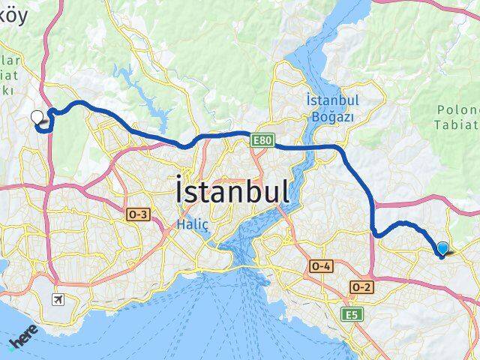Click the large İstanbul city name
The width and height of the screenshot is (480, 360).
[x=232, y=190]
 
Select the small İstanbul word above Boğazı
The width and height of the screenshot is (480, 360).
[x=332, y=100]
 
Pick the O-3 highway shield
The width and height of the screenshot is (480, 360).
[x=139, y=215]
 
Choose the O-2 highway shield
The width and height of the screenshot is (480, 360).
[x=361, y=287]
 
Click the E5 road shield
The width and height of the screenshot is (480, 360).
[x=351, y=315]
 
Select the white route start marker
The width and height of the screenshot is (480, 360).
[x=37, y=116]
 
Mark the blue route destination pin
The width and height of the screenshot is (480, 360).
[x=442, y=249]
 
